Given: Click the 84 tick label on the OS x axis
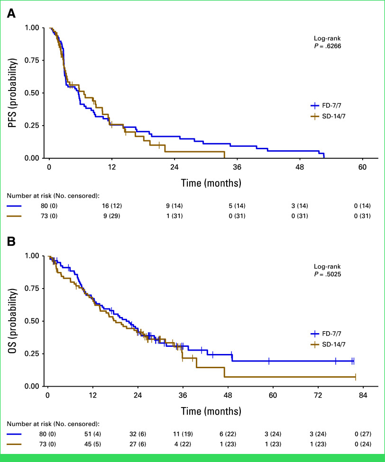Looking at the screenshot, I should coord(363,396).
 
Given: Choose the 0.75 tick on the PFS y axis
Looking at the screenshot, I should coord(32,60).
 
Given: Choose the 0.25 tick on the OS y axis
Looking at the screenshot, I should coord(32,353).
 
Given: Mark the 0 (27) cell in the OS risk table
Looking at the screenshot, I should coord(363,434).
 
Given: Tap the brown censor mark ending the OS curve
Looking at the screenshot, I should coord(355,377).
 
